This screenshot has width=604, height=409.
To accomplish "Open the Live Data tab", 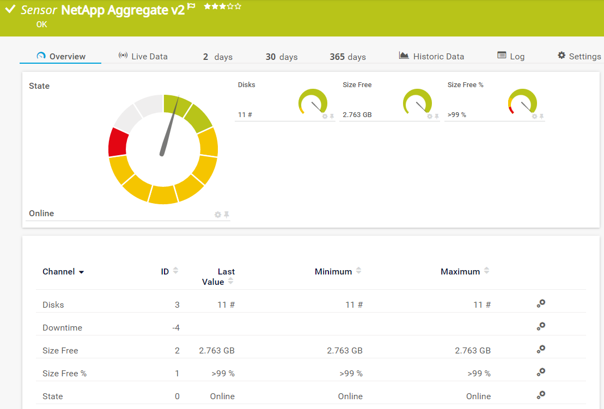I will [143, 56].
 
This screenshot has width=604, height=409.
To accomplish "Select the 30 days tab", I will [281, 57].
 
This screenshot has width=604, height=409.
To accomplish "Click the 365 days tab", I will [347, 57].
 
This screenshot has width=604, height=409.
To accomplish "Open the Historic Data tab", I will [431, 56].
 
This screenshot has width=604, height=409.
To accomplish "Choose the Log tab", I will [511, 56].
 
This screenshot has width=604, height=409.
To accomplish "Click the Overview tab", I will [61, 56].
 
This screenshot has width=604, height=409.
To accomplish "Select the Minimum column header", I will [333, 272].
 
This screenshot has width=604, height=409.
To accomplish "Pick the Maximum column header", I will [460, 272].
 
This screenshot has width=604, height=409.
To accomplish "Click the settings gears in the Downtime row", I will [541, 326].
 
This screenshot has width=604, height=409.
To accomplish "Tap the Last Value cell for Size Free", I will [217, 351].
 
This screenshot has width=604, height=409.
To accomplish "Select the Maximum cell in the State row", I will [478, 396].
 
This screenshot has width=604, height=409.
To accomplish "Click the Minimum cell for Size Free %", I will [351, 374].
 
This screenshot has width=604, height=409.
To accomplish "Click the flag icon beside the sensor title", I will [191, 7].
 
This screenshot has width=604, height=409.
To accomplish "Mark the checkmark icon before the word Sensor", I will [10, 9].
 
